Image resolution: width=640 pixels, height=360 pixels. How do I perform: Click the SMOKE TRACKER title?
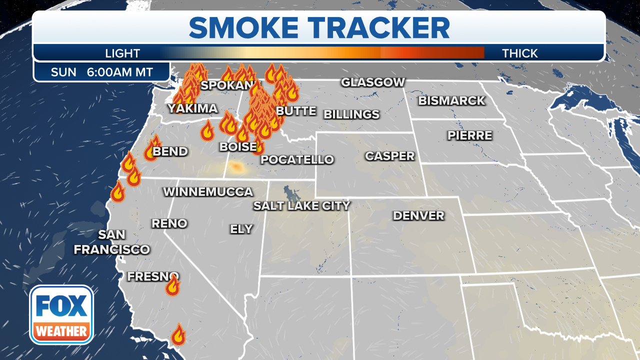coord(319,28)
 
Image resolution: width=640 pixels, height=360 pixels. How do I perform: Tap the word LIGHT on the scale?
coord(122,53)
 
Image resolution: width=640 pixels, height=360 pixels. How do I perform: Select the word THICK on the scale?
coord(520,53)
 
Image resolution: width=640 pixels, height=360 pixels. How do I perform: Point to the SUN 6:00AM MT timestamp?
coord(101,72)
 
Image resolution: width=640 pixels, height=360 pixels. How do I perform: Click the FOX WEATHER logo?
coord(61,314)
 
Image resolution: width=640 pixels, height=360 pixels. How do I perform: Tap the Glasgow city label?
coord(372,82)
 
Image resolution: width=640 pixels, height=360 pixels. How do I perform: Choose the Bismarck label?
coord(451,100)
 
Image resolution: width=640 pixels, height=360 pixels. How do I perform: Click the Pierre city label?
coord(469,135)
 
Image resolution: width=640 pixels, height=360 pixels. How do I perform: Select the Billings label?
coord(351,114)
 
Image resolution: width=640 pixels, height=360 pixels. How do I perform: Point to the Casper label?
coord(389,156)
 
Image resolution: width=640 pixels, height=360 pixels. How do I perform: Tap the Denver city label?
coord(418,215)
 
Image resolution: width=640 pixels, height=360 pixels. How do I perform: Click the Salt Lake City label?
coord(301,205)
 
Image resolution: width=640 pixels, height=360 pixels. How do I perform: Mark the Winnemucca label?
coord(208,192)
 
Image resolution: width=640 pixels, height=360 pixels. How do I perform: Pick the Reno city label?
coord(169,223)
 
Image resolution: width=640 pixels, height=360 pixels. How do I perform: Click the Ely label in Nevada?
coord(241,229)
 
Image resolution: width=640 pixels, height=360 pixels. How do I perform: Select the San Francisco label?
coord(111,242)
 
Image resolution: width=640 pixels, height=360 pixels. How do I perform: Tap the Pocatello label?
coord(297,160)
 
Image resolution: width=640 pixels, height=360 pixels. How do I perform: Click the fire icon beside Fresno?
coord(172,285)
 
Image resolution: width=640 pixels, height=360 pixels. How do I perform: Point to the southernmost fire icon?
coord(178,334)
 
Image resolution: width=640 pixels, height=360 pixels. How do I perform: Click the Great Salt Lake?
coord(289,193)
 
